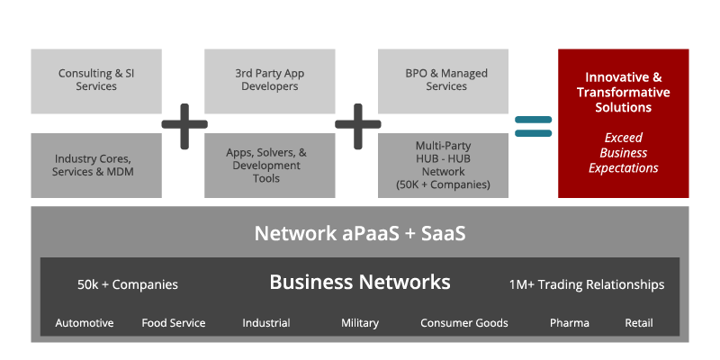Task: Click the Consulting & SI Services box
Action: [96, 80]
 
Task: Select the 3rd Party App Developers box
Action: [266, 80]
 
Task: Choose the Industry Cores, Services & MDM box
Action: [96, 166]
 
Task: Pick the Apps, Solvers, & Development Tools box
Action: [266, 166]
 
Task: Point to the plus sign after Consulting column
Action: [184, 124]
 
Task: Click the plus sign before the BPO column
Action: [356, 124]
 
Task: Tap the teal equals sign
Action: [533, 125]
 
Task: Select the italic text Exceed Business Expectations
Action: [623, 153]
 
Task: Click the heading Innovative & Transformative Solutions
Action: [623, 93]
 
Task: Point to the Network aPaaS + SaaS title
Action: [360, 233]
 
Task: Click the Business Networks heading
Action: [360, 283]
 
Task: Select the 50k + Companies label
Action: [128, 284]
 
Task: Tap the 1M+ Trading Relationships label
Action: [587, 284]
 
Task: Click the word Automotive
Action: [85, 323]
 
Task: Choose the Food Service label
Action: [174, 323]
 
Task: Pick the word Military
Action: [360, 323]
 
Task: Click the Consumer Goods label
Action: [464, 323]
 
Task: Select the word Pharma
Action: [570, 323]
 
